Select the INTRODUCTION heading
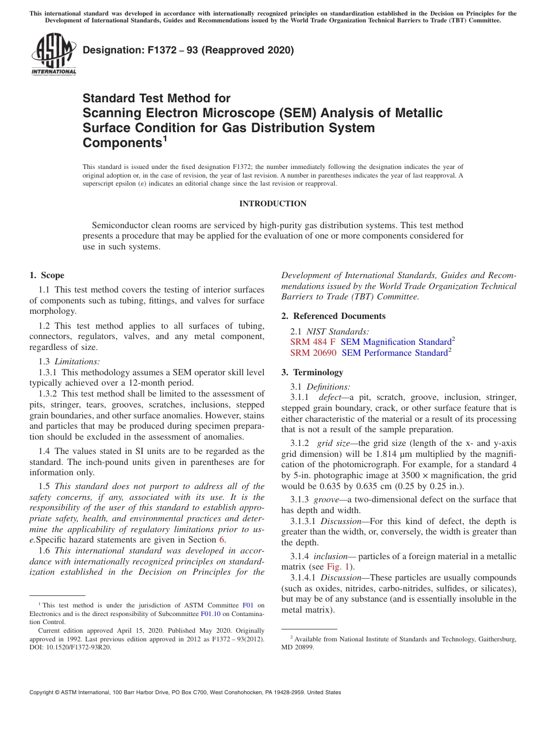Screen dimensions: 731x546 point(272,203)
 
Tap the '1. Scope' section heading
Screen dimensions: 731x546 point(47,275)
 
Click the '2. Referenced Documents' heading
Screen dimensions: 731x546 point(333,316)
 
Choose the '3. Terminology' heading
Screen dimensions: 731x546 point(312,372)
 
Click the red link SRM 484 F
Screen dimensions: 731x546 point(313,342)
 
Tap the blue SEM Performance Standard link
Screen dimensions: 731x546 point(394,353)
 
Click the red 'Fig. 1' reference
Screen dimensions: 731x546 point(338,567)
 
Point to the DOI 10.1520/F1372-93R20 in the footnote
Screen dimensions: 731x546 point(69,647)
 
